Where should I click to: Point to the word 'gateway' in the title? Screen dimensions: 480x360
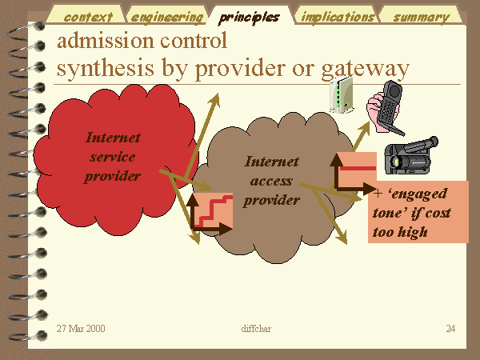click(x=366, y=70)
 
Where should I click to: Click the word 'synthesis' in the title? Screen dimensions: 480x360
click(x=106, y=68)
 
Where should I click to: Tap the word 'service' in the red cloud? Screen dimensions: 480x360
click(x=112, y=157)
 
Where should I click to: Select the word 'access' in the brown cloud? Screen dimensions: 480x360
click(x=271, y=182)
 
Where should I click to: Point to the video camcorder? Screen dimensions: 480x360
click(x=411, y=156)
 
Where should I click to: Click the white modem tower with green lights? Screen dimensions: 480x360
click(x=342, y=95)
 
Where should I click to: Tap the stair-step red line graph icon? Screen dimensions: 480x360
click(x=211, y=213)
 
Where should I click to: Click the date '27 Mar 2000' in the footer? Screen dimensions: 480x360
click(x=81, y=329)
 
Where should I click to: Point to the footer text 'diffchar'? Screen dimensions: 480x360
click(x=256, y=329)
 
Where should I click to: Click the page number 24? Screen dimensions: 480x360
click(x=450, y=329)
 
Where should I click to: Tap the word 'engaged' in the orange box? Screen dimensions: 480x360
click(x=418, y=194)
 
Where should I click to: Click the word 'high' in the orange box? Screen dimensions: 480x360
click(x=412, y=233)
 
